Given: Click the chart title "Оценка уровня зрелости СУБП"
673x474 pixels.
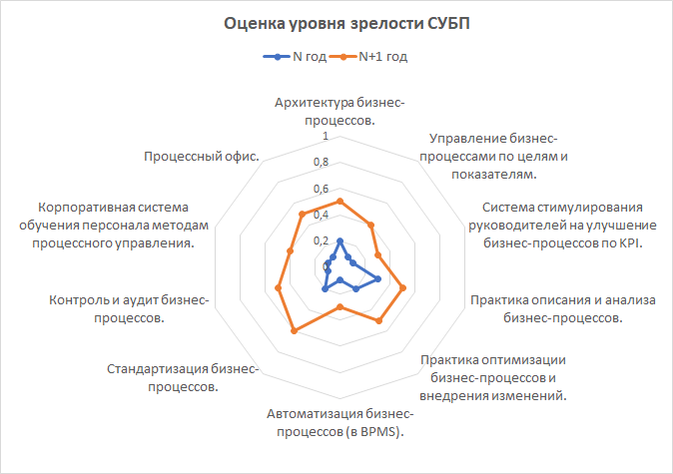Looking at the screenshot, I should click(x=336, y=23).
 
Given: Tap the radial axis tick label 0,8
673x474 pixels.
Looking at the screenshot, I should click(x=321, y=162).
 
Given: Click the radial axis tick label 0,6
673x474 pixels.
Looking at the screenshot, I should click(x=321, y=189).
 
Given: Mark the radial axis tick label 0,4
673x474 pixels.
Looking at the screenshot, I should click(x=321, y=215).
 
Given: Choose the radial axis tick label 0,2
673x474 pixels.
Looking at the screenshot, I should click(x=321, y=240).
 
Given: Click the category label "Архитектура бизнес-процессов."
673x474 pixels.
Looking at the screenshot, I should click(x=339, y=111).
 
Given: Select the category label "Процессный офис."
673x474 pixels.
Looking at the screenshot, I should click(x=202, y=157).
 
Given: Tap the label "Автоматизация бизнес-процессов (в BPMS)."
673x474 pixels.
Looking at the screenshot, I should click(x=339, y=423).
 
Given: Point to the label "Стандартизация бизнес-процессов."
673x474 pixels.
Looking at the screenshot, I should click(x=183, y=377).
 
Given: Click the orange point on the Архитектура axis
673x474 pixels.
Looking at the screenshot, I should click(x=339, y=202).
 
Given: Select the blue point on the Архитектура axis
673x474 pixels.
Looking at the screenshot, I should click(x=339, y=240).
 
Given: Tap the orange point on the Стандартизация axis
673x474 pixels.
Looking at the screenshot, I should click(x=293, y=331).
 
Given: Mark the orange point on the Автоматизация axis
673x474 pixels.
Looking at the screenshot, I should click(x=339, y=306).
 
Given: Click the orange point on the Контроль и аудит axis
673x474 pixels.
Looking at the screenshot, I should click(x=278, y=287).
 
